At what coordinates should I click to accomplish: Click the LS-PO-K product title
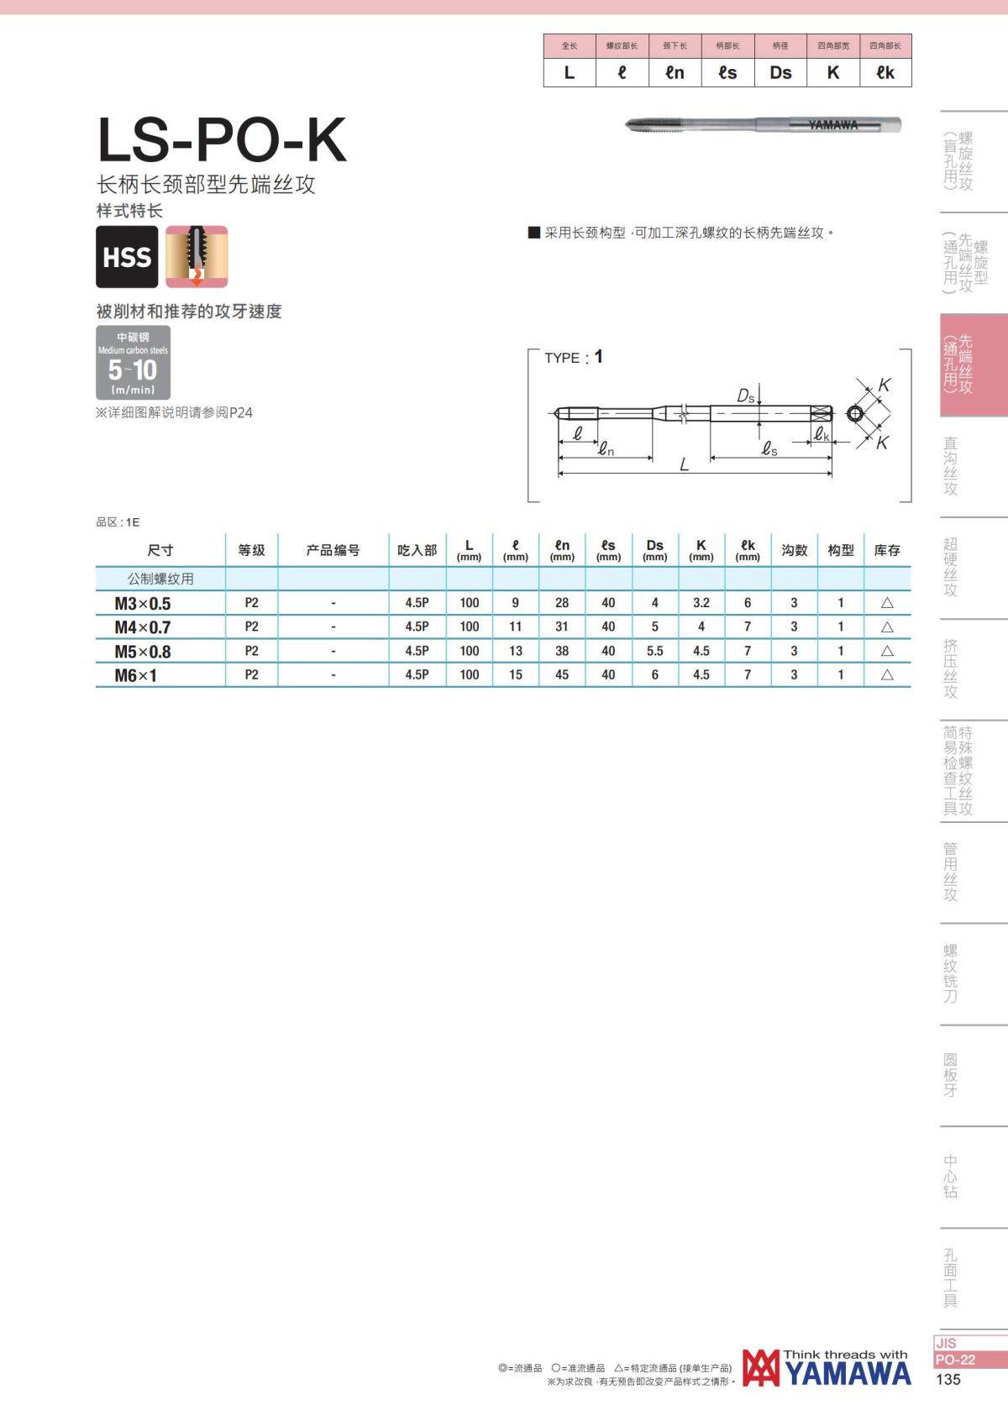click(222, 139)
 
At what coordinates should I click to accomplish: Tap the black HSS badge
click(128, 256)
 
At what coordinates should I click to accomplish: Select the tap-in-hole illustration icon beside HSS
click(197, 256)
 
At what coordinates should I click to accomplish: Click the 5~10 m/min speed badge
click(133, 362)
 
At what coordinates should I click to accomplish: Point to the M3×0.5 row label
click(143, 604)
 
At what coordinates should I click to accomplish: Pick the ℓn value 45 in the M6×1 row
click(562, 675)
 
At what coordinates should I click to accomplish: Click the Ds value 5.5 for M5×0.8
click(654, 651)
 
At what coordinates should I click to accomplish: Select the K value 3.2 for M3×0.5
click(701, 603)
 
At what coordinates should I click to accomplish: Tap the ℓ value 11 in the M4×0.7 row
click(515, 626)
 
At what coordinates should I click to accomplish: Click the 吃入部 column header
click(417, 550)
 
